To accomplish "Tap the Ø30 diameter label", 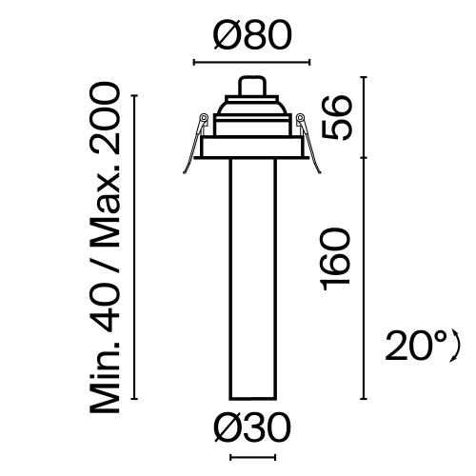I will [x=252, y=430].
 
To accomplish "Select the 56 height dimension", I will [x=338, y=117].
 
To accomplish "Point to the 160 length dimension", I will [x=338, y=260].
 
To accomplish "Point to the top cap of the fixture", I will [x=252, y=86].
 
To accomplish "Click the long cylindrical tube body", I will [x=252, y=276].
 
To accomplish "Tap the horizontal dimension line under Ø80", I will [x=252, y=64].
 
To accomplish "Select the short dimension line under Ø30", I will [x=252, y=459].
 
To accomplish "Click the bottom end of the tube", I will [x=252, y=396].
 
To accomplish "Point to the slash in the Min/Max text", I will [x=108, y=254].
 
